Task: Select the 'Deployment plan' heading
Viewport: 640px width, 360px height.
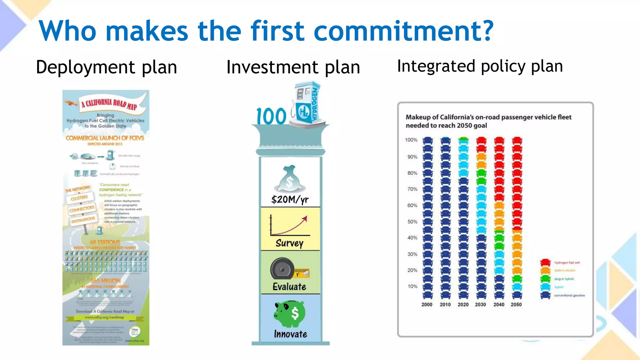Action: tap(106, 67)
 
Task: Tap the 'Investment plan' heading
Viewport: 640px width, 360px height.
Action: tap(293, 67)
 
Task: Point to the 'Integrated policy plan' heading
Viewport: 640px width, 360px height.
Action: tap(480, 66)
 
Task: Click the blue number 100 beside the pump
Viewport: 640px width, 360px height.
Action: tap(271, 116)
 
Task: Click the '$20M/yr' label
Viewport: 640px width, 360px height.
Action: tap(290, 199)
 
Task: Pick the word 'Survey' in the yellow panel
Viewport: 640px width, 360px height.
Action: tap(289, 243)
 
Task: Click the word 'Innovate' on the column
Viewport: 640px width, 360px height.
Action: tap(290, 334)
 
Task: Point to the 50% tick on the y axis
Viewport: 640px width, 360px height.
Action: tap(412, 222)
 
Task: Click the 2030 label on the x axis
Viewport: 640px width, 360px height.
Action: tap(480, 304)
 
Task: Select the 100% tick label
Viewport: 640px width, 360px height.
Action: tap(411, 140)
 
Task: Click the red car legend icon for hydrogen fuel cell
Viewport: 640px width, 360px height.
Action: tap(545, 262)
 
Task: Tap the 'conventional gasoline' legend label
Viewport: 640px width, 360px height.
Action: tap(569, 295)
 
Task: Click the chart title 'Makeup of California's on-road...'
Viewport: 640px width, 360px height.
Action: tap(488, 121)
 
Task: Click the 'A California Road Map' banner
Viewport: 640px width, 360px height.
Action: tap(109, 104)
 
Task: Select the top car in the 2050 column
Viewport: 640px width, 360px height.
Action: tap(517, 140)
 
